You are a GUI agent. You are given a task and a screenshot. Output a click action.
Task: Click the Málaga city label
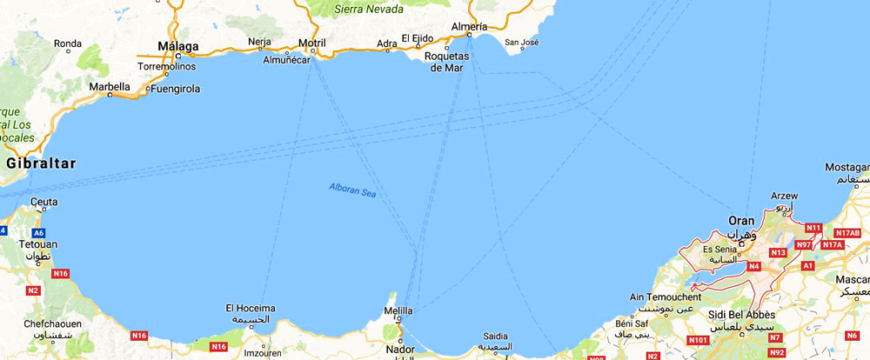[177, 46]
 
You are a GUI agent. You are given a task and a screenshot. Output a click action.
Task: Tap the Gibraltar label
[41, 163]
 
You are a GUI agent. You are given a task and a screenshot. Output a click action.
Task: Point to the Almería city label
[470, 27]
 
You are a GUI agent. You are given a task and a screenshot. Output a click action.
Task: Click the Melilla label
[398, 311]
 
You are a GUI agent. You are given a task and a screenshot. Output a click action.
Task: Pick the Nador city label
[399, 349]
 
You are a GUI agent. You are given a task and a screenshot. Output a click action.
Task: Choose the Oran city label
[741, 220]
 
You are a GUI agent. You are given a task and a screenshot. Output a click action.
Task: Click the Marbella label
[110, 87]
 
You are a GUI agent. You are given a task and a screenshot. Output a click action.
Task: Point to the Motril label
[311, 43]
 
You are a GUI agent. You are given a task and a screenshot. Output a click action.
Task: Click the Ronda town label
[68, 43]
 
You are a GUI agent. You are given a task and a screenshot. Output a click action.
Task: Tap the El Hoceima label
[251, 308]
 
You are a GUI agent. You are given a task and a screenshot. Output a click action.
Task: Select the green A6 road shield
[38, 233]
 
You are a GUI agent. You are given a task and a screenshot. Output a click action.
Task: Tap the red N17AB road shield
[847, 233]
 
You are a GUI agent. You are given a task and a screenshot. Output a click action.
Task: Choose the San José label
[522, 42]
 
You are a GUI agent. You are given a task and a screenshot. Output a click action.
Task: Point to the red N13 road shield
[779, 252]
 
